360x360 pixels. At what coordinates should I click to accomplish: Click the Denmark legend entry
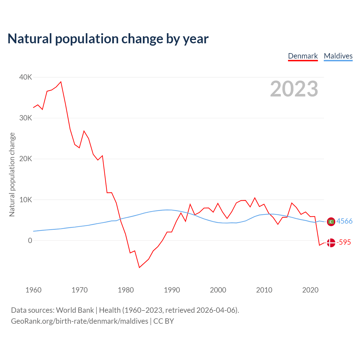[303, 56]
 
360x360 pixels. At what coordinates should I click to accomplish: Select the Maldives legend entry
[338, 56]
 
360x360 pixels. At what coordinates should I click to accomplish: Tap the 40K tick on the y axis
[26, 77]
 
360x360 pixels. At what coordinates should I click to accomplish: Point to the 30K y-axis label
[26, 118]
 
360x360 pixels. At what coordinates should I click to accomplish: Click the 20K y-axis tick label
[26, 159]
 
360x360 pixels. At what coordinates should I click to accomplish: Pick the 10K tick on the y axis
[26, 200]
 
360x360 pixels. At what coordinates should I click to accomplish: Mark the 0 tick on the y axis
[30, 240]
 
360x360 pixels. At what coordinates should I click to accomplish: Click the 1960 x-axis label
[33, 290]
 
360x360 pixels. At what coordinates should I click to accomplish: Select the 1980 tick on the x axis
[126, 290]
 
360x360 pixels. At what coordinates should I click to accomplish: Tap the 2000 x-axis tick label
[218, 290]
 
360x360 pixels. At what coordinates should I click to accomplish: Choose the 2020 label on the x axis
[310, 290]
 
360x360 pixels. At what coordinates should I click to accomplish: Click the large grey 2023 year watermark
[294, 89]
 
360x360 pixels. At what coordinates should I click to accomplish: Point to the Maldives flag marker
[331, 222]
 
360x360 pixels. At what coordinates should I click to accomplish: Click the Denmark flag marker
[331, 242]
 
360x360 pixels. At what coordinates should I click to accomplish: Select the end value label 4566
[345, 221]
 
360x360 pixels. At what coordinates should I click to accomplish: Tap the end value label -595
[344, 242]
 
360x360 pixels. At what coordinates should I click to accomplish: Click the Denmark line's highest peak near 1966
[61, 82]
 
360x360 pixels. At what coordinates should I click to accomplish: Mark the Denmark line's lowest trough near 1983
[139, 267]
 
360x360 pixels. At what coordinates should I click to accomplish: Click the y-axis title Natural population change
[12, 174]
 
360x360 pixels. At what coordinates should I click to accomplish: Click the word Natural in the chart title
[30, 39]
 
